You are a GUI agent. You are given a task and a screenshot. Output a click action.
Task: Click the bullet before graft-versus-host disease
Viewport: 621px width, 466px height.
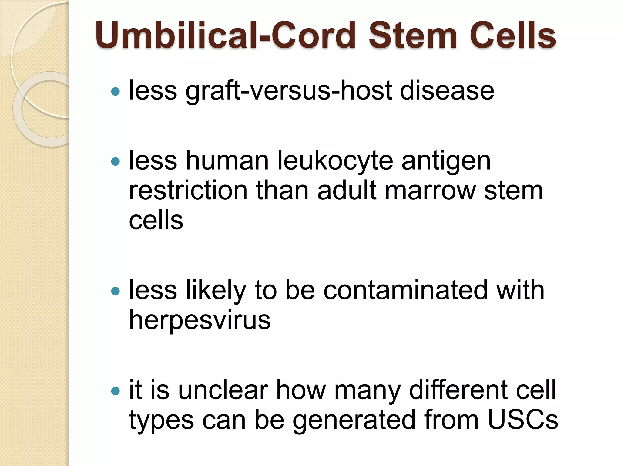coord(116,91)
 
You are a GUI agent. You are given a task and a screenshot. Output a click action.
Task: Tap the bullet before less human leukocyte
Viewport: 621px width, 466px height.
coord(116,161)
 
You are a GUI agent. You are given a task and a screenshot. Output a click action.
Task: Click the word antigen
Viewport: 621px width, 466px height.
coord(446,162)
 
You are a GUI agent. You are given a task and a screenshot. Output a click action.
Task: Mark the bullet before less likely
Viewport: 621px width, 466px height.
coord(116,291)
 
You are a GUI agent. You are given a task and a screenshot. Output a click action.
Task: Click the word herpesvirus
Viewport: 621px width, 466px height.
coord(200,321)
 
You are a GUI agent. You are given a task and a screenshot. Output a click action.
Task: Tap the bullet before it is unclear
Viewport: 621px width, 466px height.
coord(116,391)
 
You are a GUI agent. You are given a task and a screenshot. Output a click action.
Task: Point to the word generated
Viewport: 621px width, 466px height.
coord(354,421)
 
